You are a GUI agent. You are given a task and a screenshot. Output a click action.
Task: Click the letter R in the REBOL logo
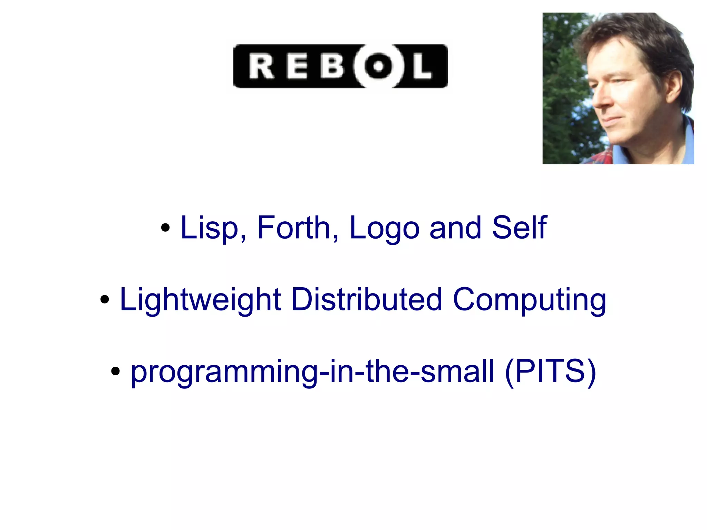tap(261, 67)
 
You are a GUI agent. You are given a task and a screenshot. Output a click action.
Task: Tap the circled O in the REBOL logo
tap(378, 66)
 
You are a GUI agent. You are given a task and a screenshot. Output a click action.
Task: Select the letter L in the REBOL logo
tap(422, 67)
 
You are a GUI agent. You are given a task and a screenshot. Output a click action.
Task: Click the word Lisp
tap(209, 228)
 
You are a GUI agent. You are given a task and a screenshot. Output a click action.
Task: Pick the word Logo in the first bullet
tap(384, 229)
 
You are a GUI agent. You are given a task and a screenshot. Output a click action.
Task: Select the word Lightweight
tap(200, 300)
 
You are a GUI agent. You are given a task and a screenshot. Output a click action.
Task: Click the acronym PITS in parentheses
tap(550, 371)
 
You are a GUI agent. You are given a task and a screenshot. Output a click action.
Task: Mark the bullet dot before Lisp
tap(166, 228)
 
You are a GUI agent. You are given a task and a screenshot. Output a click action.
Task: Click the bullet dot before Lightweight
tap(105, 300)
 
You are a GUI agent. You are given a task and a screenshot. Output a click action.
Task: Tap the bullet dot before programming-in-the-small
tap(116, 372)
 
